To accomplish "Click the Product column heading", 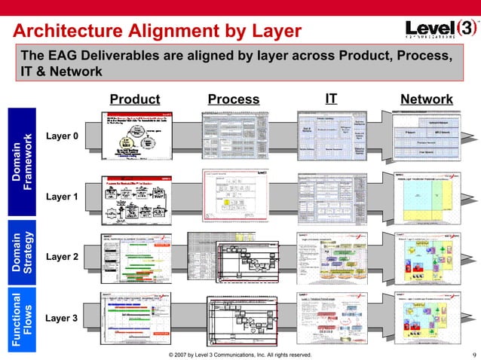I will (135, 99).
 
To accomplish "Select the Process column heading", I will (234, 99).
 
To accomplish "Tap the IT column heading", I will (331, 99).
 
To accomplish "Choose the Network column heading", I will (427, 99).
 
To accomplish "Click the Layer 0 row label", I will (62, 136).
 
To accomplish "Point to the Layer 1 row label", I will (62, 197).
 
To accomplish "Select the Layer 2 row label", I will (62, 257).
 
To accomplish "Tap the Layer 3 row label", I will (62, 318).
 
